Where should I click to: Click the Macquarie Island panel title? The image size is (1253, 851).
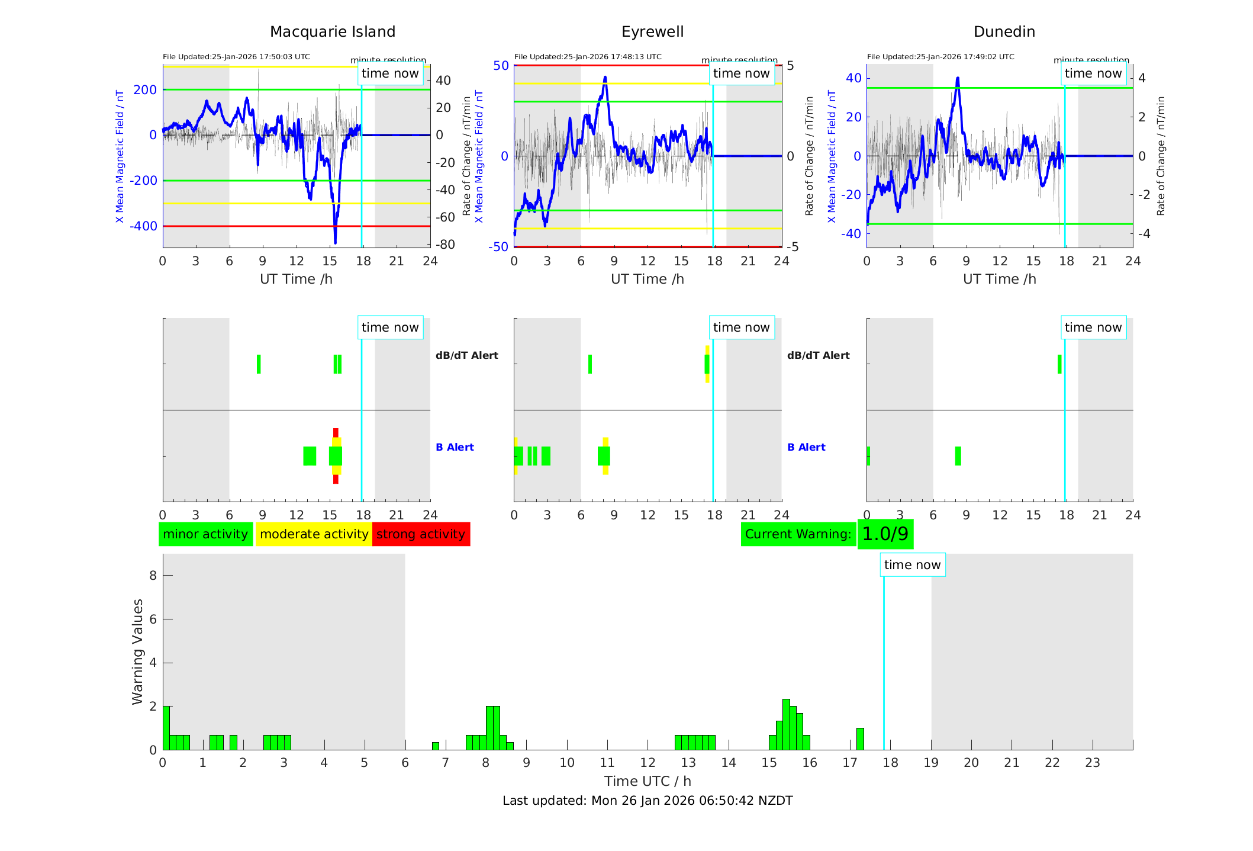coord(332,32)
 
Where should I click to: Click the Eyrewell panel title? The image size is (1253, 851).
coord(652,32)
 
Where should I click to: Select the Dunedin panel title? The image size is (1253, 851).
coord(1004,32)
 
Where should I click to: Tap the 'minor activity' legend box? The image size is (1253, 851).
coord(205,534)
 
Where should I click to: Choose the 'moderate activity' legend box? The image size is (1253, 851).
coord(314,534)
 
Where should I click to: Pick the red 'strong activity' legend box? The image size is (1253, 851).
coord(421,534)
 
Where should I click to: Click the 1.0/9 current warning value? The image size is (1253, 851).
coord(885,534)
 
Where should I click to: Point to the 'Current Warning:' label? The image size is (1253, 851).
coord(798,534)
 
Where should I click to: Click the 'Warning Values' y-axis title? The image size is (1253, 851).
coord(137,651)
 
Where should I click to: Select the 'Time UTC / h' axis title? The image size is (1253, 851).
coord(648,781)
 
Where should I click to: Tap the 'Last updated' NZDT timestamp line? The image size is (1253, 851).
coord(648,801)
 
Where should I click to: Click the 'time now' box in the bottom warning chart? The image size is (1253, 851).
coord(912,565)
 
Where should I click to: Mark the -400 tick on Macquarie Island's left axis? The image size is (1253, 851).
coord(144,226)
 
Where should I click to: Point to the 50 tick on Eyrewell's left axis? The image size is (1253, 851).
coord(501,66)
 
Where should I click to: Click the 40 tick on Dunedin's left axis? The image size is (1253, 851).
coord(853,78)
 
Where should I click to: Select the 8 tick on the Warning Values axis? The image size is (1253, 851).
coord(153,576)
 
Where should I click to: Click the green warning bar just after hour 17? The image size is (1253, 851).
coord(860,738)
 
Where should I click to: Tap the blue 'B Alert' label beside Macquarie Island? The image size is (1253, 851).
coord(455,447)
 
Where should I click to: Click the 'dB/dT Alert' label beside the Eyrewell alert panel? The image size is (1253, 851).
coord(818,355)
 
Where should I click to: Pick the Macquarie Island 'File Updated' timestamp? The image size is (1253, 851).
coord(236,57)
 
